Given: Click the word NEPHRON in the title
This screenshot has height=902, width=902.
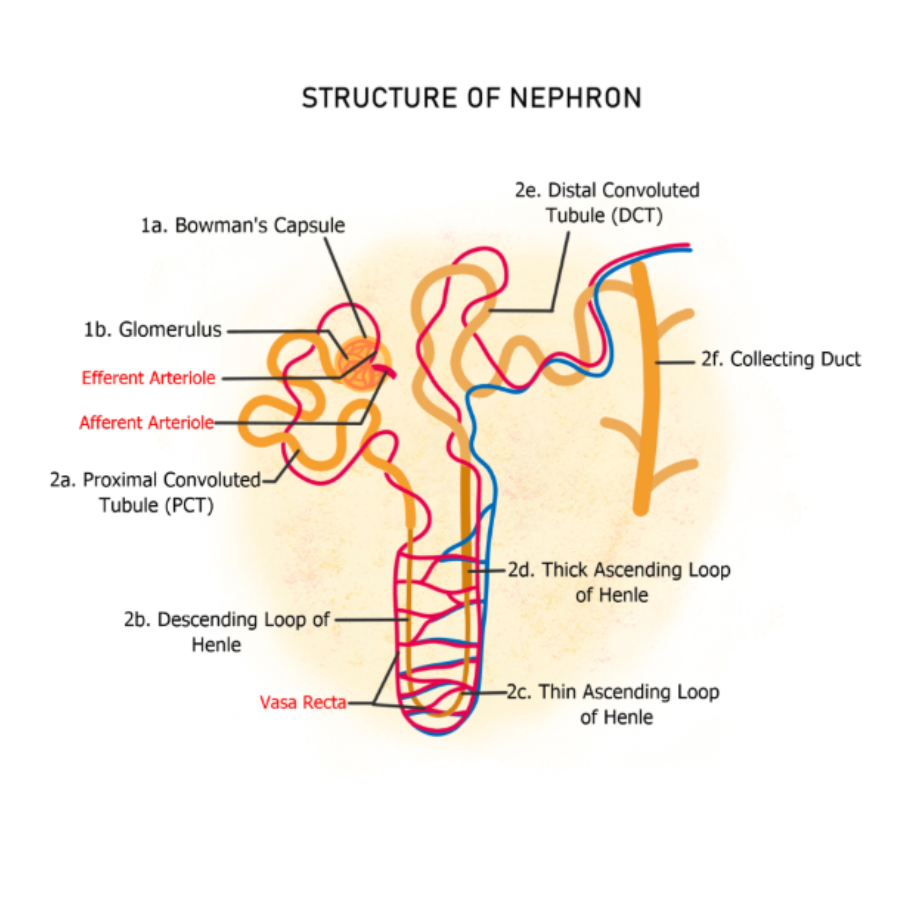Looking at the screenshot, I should tap(575, 98).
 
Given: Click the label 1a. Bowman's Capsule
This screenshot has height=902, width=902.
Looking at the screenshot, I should tap(243, 225).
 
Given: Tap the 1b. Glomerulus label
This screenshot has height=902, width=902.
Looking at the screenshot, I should tap(152, 330).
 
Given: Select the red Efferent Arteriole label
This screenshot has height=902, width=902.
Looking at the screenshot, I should tap(148, 377).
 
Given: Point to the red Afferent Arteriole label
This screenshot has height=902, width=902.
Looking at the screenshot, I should tap(147, 423).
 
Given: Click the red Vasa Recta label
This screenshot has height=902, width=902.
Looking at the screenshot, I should tap(303, 702).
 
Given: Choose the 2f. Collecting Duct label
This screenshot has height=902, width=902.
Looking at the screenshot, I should tap(781, 359).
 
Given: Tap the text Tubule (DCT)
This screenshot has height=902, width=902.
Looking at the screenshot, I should tap(605, 216).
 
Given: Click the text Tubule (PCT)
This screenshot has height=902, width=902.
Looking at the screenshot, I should tap(156, 505).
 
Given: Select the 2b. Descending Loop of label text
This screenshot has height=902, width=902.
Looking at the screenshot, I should tap(226, 620).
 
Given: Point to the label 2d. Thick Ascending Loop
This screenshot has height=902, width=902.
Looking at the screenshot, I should tap(619, 570).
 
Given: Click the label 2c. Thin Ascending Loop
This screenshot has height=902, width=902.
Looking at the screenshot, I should tap(613, 692).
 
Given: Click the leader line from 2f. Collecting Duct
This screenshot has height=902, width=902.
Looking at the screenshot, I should tap(675, 362).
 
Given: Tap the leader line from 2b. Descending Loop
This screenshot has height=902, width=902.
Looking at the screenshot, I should tap(371, 620).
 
